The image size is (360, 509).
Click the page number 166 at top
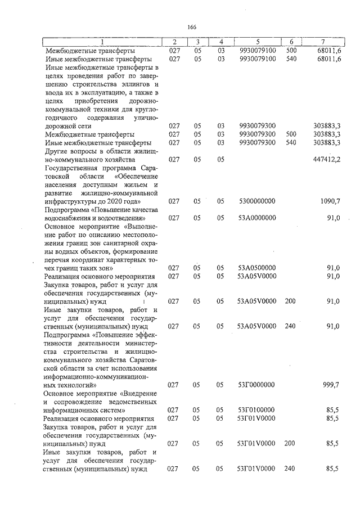tap(191, 28)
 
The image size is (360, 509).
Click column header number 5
tap(257, 42)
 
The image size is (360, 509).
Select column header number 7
tap(322, 42)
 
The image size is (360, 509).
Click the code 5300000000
tap(256, 201)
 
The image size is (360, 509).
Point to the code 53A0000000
tap(256, 218)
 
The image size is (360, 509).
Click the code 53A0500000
tap(256, 268)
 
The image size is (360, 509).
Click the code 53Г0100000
tap(256, 410)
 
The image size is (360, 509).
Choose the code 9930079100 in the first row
tap(256, 51)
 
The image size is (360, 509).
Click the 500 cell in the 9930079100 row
tap(291, 51)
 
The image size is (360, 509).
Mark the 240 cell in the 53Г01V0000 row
tap(291, 469)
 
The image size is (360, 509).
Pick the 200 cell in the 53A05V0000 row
tap(291, 301)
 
